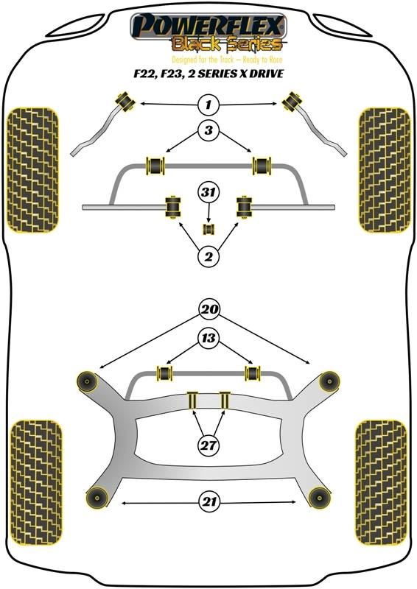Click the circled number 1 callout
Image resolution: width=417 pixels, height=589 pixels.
(x=208, y=105)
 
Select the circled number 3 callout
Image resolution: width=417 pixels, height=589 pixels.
(x=208, y=130)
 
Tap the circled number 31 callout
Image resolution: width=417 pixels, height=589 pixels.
(x=208, y=192)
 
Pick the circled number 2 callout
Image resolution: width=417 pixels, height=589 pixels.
(x=208, y=256)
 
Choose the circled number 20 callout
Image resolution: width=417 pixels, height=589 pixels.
(x=209, y=309)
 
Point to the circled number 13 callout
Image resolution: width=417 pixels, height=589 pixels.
(x=209, y=338)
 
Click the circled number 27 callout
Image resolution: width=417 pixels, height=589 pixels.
(x=208, y=445)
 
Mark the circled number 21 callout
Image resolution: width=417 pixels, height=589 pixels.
(x=209, y=502)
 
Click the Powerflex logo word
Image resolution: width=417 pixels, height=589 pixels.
(x=208, y=25)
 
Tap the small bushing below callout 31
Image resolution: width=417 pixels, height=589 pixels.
(x=208, y=229)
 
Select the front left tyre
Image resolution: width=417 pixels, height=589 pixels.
(x=33, y=170)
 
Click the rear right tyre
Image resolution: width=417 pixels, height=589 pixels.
(x=382, y=482)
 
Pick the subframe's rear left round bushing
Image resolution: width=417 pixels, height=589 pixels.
(x=97, y=498)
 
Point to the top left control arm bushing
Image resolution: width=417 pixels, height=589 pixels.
(x=125, y=100)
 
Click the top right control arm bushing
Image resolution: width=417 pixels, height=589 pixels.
(x=292, y=101)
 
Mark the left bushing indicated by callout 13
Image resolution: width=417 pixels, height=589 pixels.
(x=164, y=373)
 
